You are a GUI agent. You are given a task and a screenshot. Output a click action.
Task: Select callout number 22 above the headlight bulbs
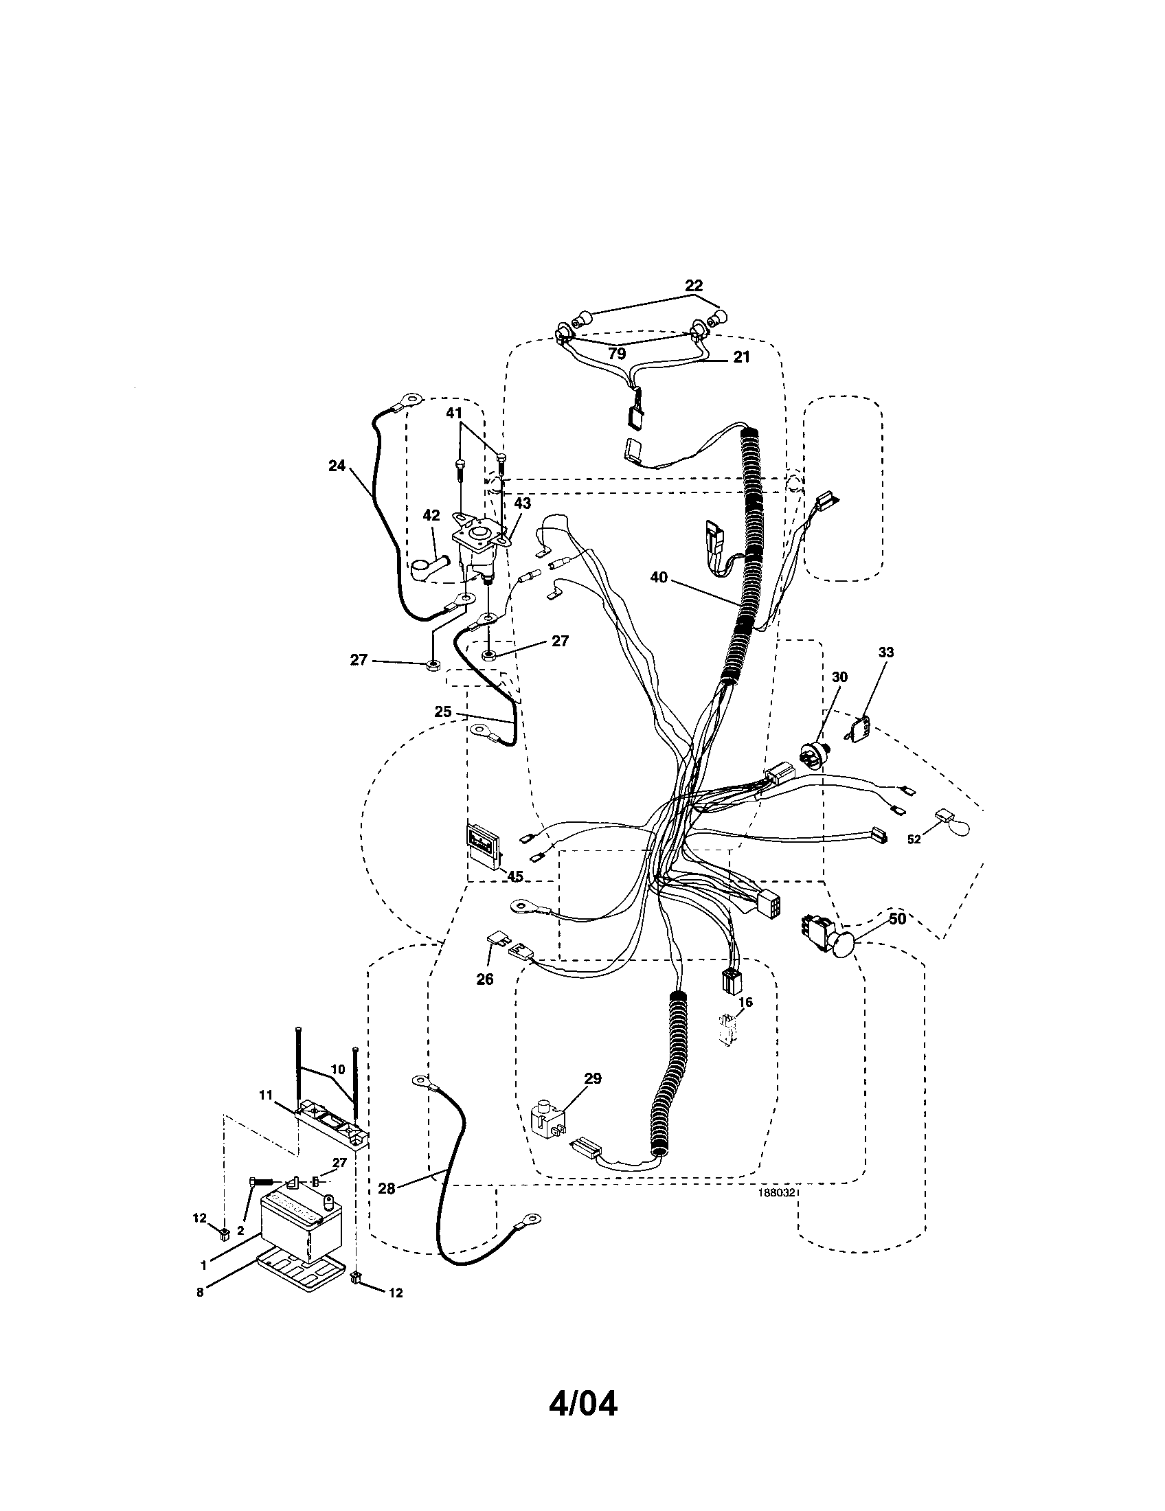point(693,285)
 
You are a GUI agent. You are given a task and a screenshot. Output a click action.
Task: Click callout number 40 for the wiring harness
point(659,576)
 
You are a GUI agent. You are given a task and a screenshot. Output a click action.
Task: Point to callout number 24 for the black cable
point(336,466)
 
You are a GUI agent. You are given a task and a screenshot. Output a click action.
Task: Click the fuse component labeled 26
point(495,942)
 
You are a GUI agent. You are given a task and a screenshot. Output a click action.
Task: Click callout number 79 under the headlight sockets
point(617,354)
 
